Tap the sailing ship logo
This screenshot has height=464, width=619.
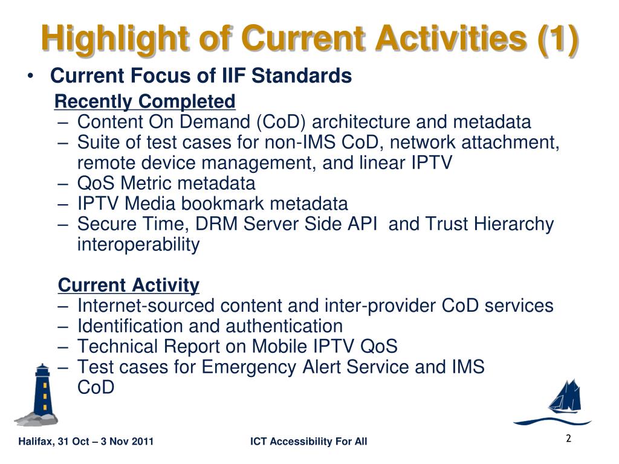coord(553,402)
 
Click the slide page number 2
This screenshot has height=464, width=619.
coord(568,439)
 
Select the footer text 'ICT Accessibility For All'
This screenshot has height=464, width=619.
coord(309,441)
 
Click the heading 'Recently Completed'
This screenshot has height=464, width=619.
coord(145,101)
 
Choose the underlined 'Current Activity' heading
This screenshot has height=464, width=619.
coord(129,285)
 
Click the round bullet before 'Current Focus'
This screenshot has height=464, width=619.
coord(30,76)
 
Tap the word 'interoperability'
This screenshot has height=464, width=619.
coord(138,245)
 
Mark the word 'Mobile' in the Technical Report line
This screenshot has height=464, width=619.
coord(279,346)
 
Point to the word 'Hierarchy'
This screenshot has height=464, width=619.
coord(514,224)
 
